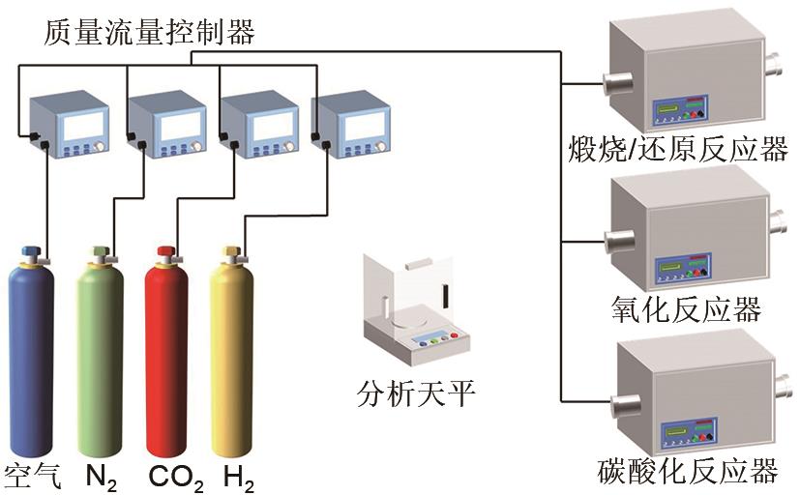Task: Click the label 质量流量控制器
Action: click(149, 33)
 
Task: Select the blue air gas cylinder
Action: click(32, 358)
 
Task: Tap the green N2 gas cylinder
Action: click(100, 358)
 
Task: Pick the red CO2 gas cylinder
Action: click(168, 358)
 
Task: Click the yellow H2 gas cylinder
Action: click(234, 358)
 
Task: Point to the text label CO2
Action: click(175, 477)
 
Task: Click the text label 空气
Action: click(33, 476)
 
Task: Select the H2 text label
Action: click(238, 477)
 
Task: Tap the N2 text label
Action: click(102, 477)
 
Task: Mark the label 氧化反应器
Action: click(682, 309)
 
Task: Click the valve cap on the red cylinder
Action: click(166, 253)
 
